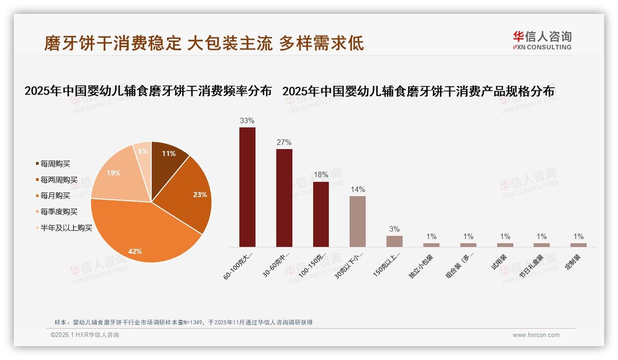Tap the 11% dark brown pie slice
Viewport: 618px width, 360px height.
pyautogui.click(x=167, y=157)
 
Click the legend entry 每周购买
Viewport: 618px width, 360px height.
pyautogui.click(x=55, y=164)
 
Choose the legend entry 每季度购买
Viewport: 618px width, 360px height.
pyautogui.click(x=59, y=212)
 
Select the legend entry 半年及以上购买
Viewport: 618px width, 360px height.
pyautogui.click(x=66, y=228)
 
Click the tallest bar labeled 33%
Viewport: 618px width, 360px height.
pyautogui.click(x=247, y=187)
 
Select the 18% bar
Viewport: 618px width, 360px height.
pyautogui.click(x=321, y=214)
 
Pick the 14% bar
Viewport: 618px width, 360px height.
pyautogui.click(x=357, y=222)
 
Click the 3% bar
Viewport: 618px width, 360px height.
pyautogui.click(x=394, y=241)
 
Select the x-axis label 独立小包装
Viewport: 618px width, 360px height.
pyautogui.click(x=421, y=266)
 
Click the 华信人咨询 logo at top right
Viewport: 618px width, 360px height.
pyautogui.click(x=542, y=40)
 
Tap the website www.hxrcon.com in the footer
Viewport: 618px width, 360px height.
pyautogui.click(x=536, y=335)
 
